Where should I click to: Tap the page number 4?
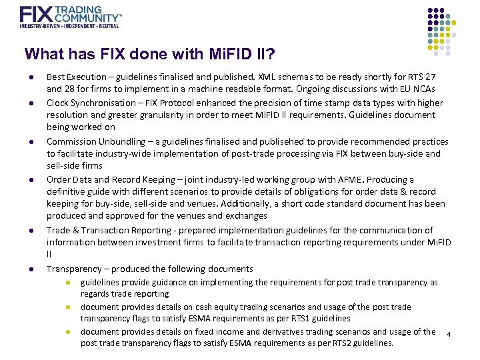[x=449, y=333]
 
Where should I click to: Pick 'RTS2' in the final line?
[x=331, y=343]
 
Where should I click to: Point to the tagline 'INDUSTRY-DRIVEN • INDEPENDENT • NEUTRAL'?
[x=69, y=26]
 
